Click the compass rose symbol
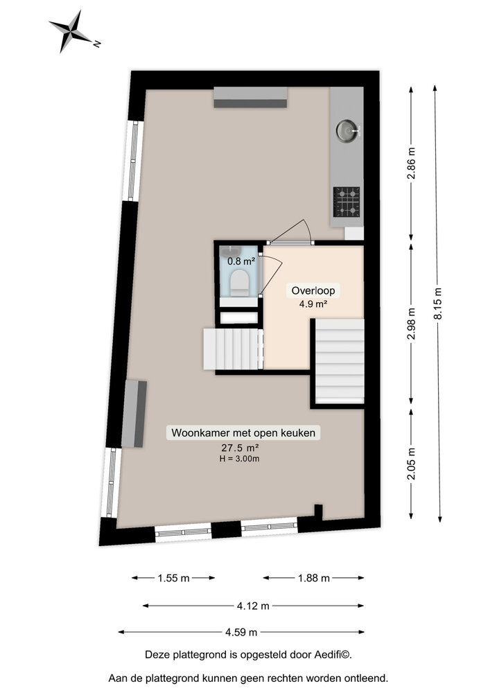point(71,30)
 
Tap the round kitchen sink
point(347,129)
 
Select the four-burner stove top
point(347,200)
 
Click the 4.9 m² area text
point(313,304)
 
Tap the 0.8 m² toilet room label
point(241,261)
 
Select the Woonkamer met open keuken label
point(244,433)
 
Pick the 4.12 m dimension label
point(252,606)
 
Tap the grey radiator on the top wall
point(250,98)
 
